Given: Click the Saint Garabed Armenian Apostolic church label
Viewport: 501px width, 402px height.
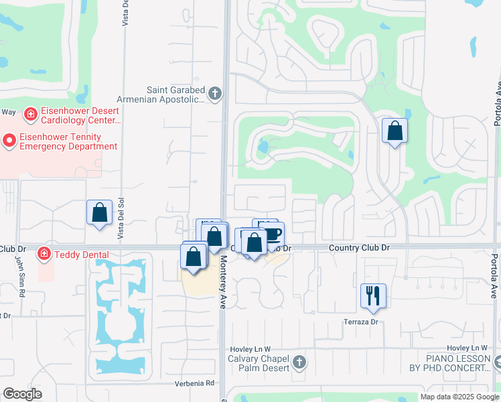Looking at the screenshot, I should pos(175,94).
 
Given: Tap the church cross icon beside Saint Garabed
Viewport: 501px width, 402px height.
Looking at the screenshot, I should pos(214,93).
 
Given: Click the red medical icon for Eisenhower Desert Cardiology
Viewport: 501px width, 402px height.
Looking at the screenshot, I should pos(30,115).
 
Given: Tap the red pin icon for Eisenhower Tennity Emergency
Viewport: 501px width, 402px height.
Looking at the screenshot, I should pos(9,141).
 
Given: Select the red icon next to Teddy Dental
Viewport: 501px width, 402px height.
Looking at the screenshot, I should pos(44,254).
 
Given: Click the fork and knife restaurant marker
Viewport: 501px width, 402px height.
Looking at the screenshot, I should pos(373,295).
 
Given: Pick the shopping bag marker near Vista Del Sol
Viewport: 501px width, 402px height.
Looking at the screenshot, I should pos(99,213).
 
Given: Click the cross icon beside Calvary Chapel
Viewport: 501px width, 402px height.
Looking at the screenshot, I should pos(299,362).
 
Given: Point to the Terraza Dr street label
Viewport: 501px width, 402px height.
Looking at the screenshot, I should pos(362,322).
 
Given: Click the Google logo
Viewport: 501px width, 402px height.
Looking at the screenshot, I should pos(23,394).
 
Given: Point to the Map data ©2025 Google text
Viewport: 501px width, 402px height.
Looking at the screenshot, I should pos(459,397).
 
